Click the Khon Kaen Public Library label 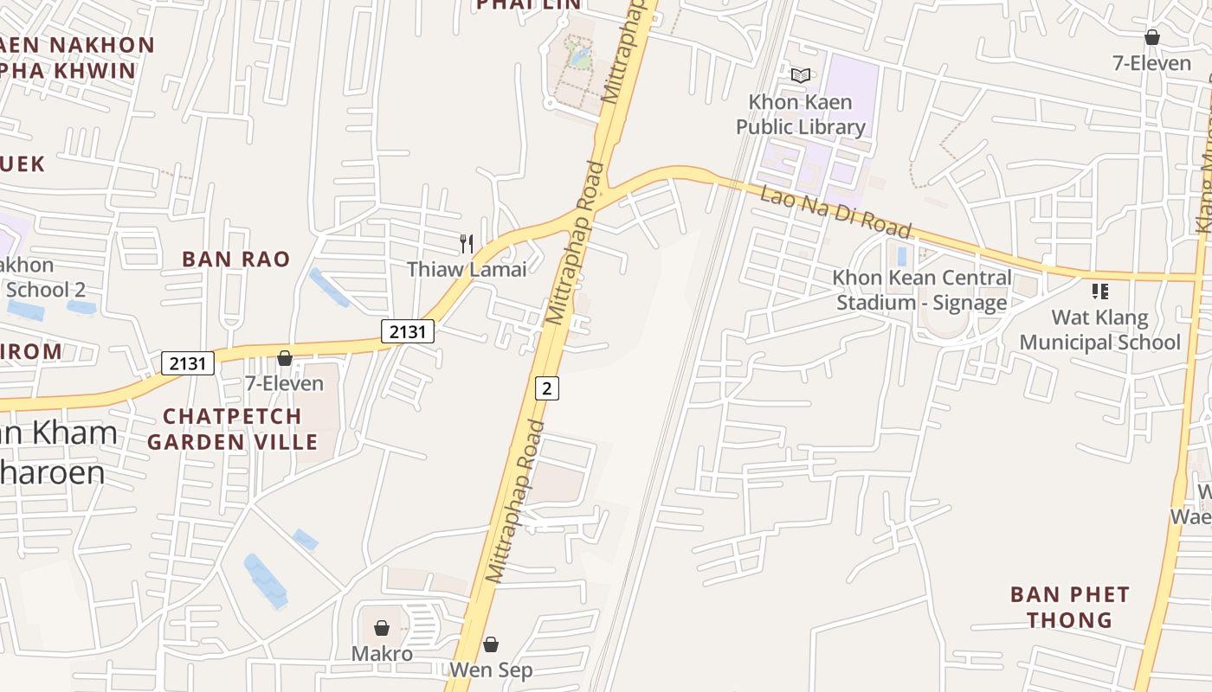(x=800, y=114)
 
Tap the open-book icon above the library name (x=802, y=76)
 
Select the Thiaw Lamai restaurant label (x=467, y=269)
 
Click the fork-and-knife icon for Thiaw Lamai (x=467, y=243)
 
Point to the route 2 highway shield (x=546, y=388)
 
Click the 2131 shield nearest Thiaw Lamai (x=408, y=330)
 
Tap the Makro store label (x=382, y=653)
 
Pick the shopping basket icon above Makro (x=382, y=628)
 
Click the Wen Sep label (x=491, y=670)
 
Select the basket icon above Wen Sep (x=491, y=644)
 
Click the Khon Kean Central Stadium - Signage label (x=921, y=290)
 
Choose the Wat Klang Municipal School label (x=1099, y=330)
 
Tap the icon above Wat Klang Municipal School (x=1100, y=292)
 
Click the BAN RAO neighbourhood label (x=235, y=259)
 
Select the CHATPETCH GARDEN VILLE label (x=232, y=429)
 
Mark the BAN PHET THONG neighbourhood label (x=1070, y=607)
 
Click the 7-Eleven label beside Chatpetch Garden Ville (x=284, y=383)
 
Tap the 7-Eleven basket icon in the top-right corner (x=1152, y=37)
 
